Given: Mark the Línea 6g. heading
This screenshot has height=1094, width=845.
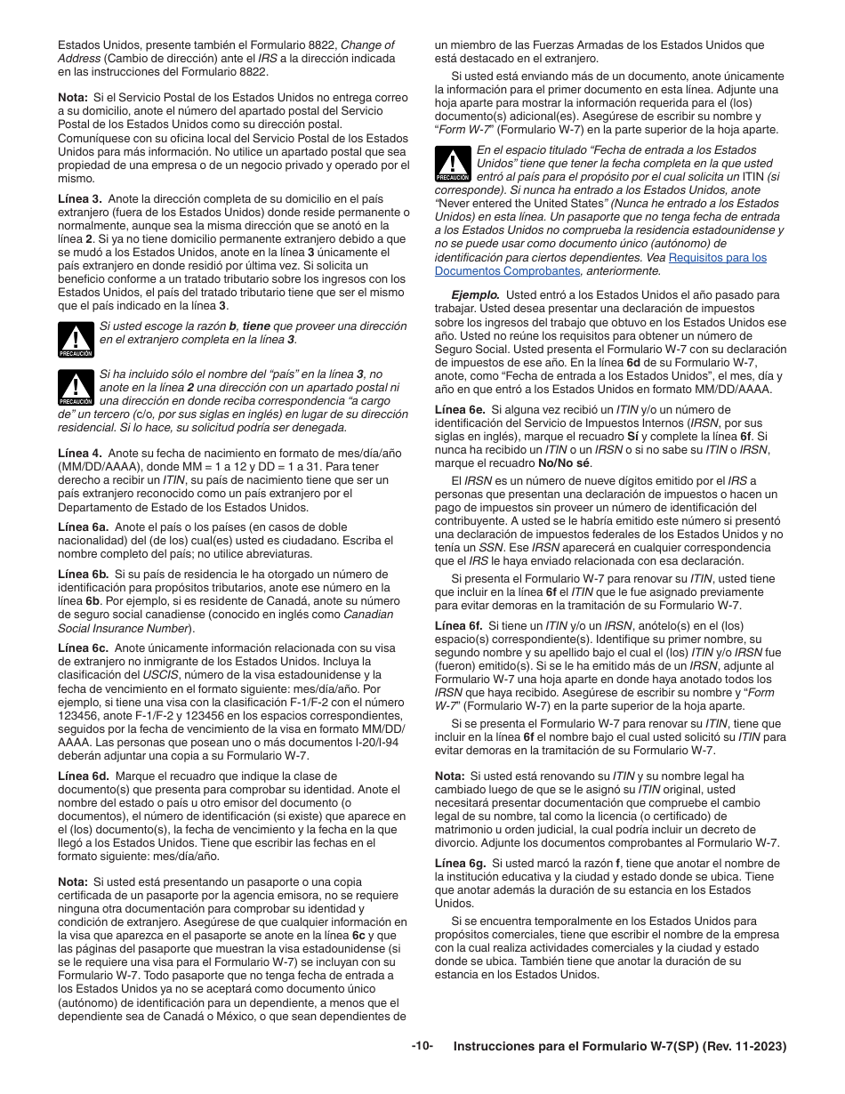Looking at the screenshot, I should click(x=460, y=864).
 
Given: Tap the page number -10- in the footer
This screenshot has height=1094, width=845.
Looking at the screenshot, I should click(x=422, y=1047).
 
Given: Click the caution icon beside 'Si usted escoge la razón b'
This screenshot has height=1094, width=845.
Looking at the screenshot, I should click(x=76, y=340).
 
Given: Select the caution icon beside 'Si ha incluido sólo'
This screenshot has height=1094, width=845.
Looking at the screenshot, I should click(x=76, y=388).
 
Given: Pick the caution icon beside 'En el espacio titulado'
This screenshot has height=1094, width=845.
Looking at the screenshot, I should click(x=453, y=165).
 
